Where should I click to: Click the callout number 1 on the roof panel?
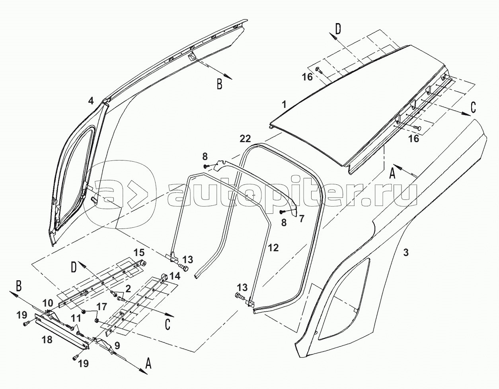coord(284,105)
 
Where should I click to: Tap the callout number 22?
coord(245,139)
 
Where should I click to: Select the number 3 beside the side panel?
coord(405,252)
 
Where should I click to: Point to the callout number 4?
coord(91,101)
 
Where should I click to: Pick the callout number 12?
coord(273,248)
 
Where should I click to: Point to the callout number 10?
coord(47,302)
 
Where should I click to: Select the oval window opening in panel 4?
coord(76,175)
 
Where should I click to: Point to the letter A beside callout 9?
coord(148,363)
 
